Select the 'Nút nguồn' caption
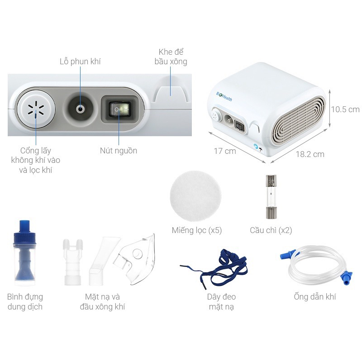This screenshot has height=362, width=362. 118,150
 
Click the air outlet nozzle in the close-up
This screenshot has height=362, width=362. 81,109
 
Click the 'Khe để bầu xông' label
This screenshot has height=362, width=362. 170,57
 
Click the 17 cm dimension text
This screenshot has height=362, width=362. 224,151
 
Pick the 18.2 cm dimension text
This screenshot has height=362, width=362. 310,154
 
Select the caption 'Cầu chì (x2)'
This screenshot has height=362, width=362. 271,230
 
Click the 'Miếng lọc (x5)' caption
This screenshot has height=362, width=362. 196,230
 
